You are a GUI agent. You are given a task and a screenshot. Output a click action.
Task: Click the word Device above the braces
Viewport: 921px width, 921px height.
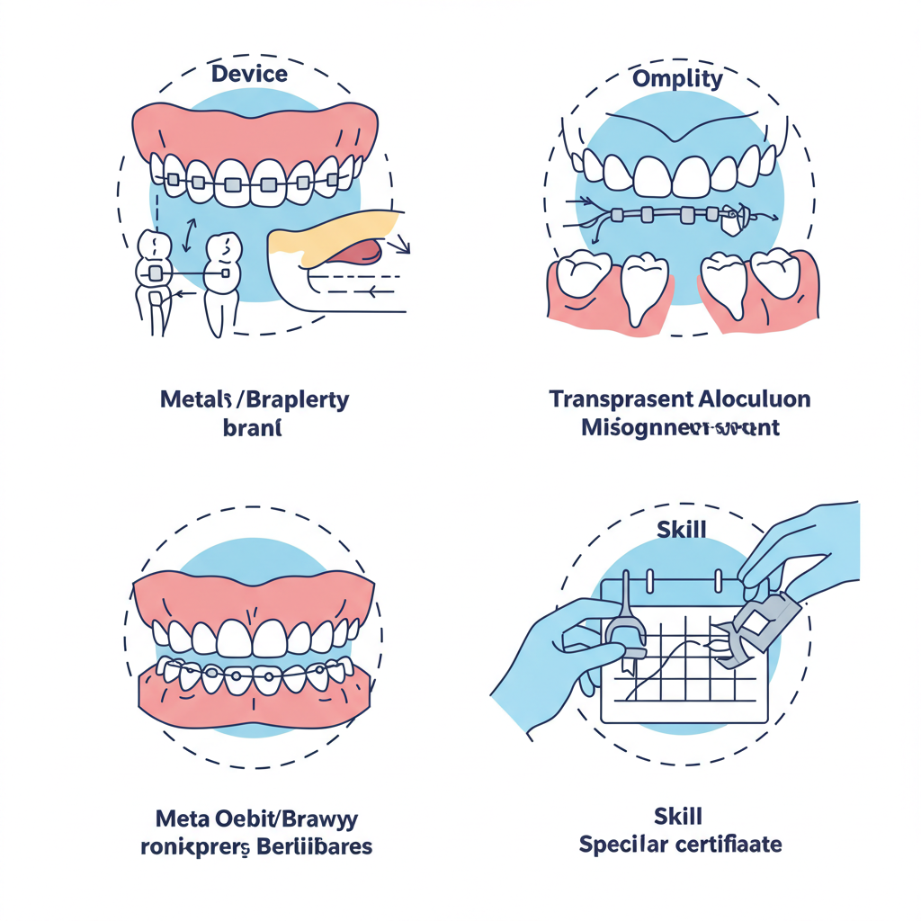point(249,73)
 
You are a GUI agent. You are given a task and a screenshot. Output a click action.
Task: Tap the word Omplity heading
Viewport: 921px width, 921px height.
point(677,78)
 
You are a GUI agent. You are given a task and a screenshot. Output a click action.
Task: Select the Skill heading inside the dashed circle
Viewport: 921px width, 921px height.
point(681,529)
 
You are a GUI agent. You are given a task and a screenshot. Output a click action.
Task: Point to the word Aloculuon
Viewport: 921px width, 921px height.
point(756,399)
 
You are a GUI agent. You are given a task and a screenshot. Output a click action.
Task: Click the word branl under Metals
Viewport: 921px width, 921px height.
point(252,428)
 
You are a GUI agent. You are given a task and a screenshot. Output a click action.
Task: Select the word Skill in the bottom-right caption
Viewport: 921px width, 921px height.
point(678,818)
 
